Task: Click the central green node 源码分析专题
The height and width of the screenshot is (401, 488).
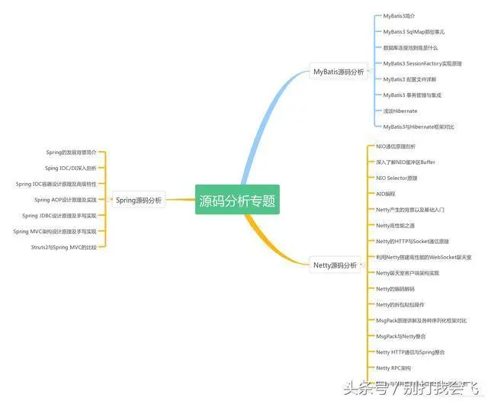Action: [x=237, y=200]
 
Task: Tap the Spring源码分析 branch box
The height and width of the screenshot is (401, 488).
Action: [x=138, y=200]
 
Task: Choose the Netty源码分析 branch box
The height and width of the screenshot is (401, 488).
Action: [x=335, y=265]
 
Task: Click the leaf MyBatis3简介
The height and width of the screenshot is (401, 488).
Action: [x=400, y=15]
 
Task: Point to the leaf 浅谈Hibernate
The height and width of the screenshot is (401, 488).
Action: [x=400, y=111]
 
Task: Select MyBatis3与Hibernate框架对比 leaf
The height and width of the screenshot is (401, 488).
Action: [x=419, y=127]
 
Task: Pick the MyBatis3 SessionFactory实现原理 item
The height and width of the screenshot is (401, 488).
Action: [x=422, y=63]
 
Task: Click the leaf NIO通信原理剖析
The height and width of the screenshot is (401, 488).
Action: [x=396, y=146]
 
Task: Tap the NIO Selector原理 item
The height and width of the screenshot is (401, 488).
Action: [x=396, y=178]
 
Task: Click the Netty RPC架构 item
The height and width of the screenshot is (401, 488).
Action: [x=393, y=367]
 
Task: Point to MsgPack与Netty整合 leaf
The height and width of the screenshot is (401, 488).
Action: [x=401, y=336]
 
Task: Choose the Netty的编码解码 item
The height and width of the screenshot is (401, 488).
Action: [x=396, y=289]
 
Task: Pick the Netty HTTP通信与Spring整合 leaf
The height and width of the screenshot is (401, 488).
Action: [x=410, y=352]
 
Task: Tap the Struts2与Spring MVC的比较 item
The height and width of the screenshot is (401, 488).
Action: [x=63, y=247]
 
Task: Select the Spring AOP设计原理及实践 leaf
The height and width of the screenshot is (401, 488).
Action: [x=65, y=200]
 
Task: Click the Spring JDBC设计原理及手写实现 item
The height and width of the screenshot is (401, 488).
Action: [x=59, y=216]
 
